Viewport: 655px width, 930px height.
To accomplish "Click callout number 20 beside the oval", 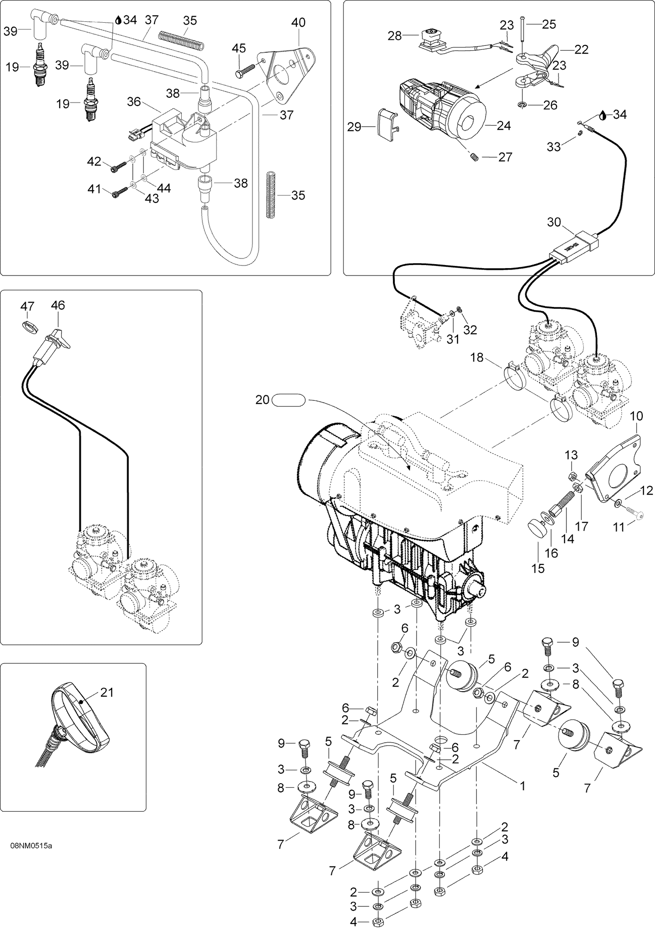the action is (x=262, y=400).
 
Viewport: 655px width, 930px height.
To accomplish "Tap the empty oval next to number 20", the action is (x=288, y=400).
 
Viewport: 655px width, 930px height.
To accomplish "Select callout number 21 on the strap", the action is (x=107, y=692).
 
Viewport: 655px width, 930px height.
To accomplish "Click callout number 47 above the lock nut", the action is (x=27, y=307).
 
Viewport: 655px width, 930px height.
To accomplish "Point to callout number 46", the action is (x=58, y=305).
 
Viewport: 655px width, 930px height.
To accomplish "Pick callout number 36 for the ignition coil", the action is (x=134, y=101).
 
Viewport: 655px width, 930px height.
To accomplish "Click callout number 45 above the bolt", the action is (x=239, y=48).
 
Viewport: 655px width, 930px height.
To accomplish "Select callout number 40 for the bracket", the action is (x=298, y=22).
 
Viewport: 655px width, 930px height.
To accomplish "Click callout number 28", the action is (x=395, y=36).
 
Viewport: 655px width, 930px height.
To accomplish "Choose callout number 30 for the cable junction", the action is (x=554, y=222).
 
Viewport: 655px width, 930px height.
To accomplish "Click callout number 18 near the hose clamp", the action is (x=477, y=358).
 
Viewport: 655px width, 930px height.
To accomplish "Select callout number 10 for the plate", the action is (x=636, y=416).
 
